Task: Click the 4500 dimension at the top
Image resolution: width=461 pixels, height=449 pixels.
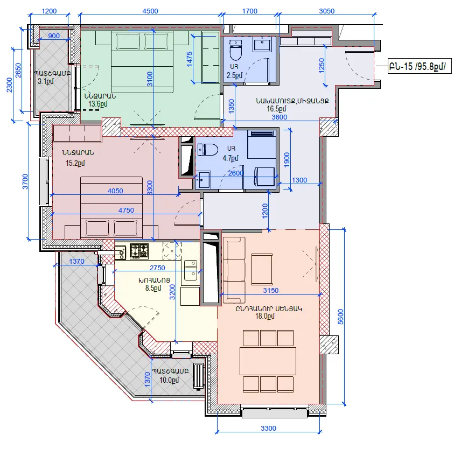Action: [x=150, y=11]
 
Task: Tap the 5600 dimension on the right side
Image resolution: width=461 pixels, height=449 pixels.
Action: [x=340, y=317]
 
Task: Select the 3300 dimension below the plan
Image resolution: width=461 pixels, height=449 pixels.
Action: [x=268, y=428]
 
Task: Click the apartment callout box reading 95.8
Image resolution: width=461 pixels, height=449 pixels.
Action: [x=420, y=66]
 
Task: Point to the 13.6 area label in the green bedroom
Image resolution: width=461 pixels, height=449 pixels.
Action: [x=98, y=104]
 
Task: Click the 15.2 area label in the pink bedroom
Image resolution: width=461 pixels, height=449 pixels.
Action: [x=75, y=163]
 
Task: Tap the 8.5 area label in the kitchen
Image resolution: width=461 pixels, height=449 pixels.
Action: [x=153, y=288]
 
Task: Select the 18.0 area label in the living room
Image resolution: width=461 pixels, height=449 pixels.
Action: [x=265, y=316]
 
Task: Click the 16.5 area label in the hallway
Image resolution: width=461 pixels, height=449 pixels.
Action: [x=276, y=109]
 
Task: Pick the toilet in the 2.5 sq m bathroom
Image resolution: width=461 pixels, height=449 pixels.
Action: [x=235, y=50]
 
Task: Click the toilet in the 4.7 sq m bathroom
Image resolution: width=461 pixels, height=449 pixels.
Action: [x=207, y=150]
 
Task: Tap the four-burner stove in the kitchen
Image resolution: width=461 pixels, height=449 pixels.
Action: [x=139, y=251]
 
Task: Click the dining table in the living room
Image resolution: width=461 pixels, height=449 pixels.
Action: [x=268, y=361]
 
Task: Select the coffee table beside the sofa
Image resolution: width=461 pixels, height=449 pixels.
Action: [x=262, y=269]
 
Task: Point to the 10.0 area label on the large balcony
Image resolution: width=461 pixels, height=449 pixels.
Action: [x=169, y=380]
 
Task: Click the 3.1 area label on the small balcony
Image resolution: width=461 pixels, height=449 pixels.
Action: [x=46, y=81]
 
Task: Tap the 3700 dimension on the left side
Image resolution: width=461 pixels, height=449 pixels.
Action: [x=25, y=181]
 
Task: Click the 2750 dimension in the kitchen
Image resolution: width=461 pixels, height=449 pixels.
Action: [x=157, y=268]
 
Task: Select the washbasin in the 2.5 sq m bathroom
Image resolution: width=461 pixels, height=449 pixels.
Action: [x=263, y=44]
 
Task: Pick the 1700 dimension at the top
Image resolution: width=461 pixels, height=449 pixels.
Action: [x=249, y=11]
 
